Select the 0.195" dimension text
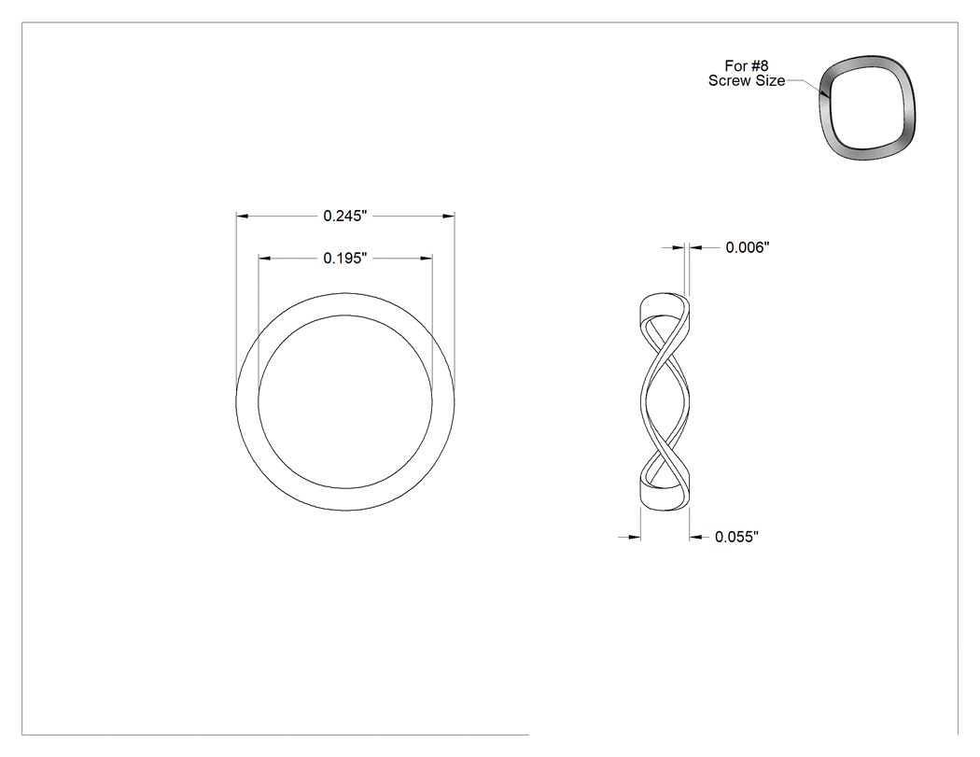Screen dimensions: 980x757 coord(344,259)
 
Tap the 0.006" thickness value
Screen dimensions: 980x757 coord(747,247)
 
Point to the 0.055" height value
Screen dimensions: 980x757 coord(736,537)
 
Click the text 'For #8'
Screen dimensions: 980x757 coord(747,65)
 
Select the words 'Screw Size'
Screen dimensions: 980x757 coord(747,80)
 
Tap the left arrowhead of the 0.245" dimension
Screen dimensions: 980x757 coord(243,216)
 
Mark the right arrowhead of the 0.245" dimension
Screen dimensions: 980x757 coord(448,216)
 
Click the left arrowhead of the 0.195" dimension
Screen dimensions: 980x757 coord(265,259)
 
